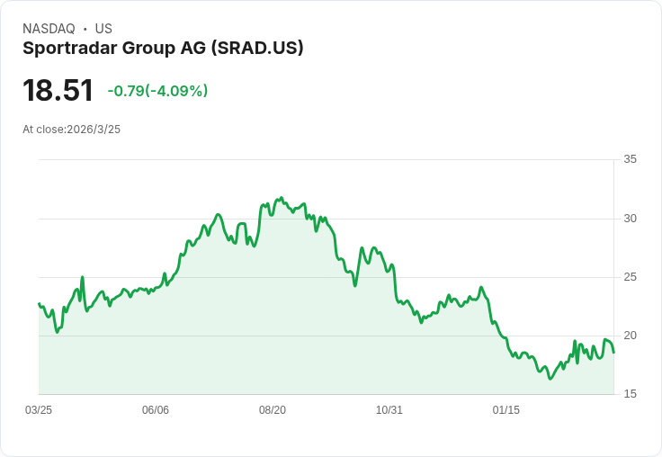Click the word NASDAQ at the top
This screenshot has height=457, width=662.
49,29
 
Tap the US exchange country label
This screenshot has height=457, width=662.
103,29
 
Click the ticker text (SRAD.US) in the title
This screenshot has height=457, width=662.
257,49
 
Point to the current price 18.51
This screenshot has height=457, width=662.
58,91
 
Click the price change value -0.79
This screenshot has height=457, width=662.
125,91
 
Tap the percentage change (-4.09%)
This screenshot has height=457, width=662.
178,91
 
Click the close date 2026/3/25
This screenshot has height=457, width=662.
94,130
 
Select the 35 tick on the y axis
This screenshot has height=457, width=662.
630,159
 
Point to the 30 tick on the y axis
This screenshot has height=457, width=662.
630,219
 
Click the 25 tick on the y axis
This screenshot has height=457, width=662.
630,277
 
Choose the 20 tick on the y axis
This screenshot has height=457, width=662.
630,336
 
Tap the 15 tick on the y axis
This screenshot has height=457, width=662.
630,394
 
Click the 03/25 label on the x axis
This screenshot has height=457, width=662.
39,410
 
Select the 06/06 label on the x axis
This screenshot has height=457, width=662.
156,410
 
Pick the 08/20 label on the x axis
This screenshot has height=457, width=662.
273,410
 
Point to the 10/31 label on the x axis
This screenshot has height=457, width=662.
389,410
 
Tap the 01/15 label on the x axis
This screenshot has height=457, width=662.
506,410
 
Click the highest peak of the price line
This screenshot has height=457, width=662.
282,198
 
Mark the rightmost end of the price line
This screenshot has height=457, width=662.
613,352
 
